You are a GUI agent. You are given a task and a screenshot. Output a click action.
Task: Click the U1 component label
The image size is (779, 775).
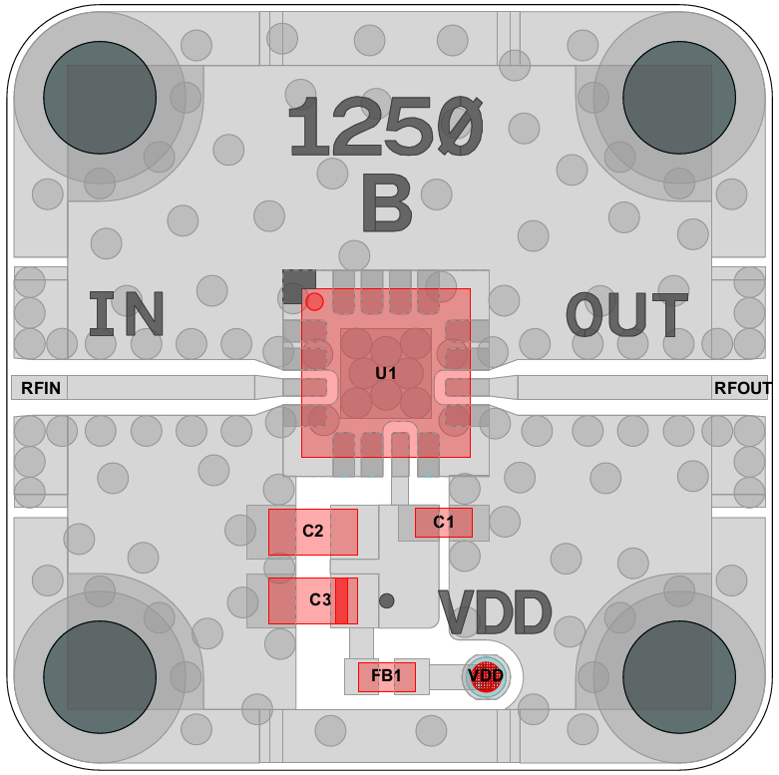(x=386, y=373)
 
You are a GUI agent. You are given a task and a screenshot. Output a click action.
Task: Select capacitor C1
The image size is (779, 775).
(x=443, y=522)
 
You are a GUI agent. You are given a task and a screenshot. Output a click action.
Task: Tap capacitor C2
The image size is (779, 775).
(x=312, y=532)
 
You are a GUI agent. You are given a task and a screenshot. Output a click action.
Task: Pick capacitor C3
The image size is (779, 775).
(x=312, y=600)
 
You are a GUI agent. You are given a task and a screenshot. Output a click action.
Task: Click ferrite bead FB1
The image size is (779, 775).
(x=386, y=677)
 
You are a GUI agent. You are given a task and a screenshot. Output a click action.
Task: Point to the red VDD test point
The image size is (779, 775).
(x=486, y=676)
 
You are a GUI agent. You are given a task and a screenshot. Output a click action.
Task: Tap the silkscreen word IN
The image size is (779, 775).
(x=127, y=314)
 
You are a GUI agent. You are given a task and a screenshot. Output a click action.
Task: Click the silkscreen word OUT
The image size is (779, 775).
(x=627, y=315)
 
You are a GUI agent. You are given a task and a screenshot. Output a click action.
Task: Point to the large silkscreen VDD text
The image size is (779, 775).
(x=496, y=612)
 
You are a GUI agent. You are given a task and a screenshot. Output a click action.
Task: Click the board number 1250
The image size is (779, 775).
(x=385, y=128)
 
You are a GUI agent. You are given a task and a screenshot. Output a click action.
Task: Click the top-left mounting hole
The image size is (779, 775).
(x=99, y=98)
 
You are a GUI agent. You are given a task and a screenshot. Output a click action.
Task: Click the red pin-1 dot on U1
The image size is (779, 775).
(x=314, y=300)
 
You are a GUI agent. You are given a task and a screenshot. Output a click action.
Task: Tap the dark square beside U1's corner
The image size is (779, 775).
(x=298, y=285)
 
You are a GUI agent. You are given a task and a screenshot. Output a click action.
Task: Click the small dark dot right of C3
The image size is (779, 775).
(x=387, y=600)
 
